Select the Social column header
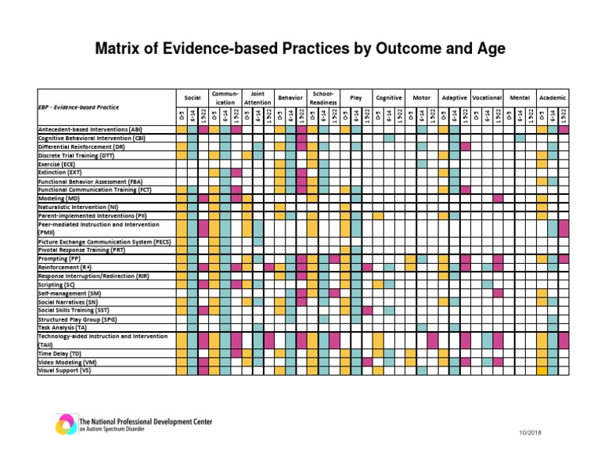pyautogui.click(x=192, y=98)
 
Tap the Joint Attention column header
pyautogui.click(x=257, y=98)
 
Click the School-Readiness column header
pyautogui.click(x=323, y=98)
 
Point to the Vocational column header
pyautogui.click(x=487, y=98)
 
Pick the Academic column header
pyautogui.click(x=552, y=98)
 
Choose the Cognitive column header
pyautogui.click(x=388, y=98)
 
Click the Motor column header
pyautogui.click(x=421, y=98)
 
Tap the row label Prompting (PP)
pyautogui.click(x=59, y=258)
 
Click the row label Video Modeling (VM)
pyautogui.click(x=67, y=362)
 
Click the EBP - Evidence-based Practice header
pyautogui.click(x=79, y=106)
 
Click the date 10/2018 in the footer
pyautogui.click(x=529, y=433)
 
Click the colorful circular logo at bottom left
pyautogui.click(x=65, y=424)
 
